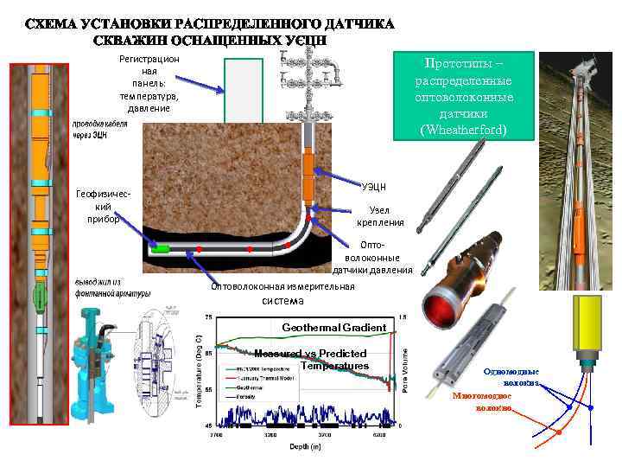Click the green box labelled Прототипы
pos(464,95)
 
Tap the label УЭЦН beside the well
pos(375,185)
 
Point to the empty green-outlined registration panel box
pos(244,90)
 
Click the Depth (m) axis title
pos(304,446)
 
